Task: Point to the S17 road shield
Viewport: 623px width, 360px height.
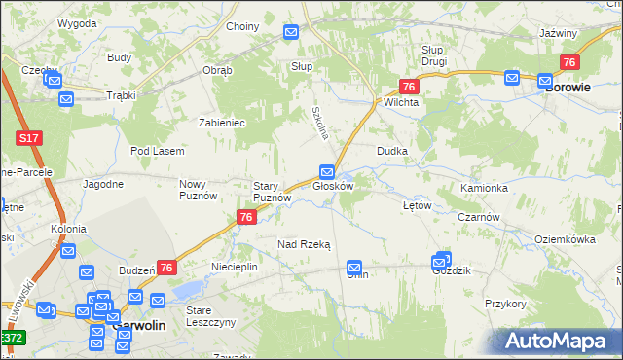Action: [28, 140]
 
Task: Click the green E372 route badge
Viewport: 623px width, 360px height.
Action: [11, 338]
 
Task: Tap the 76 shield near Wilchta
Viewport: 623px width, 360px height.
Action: [409, 86]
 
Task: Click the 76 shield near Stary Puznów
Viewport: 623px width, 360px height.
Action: [246, 218]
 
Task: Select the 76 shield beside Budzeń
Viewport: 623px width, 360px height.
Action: [166, 268]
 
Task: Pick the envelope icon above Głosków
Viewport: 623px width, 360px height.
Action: [328, 171]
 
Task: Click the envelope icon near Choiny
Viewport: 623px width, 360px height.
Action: [291, 32]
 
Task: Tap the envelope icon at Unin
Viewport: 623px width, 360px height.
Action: [355, 266]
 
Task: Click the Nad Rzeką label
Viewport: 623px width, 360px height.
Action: [304, 245]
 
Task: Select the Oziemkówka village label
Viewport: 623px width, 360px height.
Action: [565, 238]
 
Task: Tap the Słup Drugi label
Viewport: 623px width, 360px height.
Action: [433, 54]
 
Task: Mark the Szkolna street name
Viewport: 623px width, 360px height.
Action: [316, 122]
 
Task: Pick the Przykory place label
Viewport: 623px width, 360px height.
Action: [505, 304]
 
